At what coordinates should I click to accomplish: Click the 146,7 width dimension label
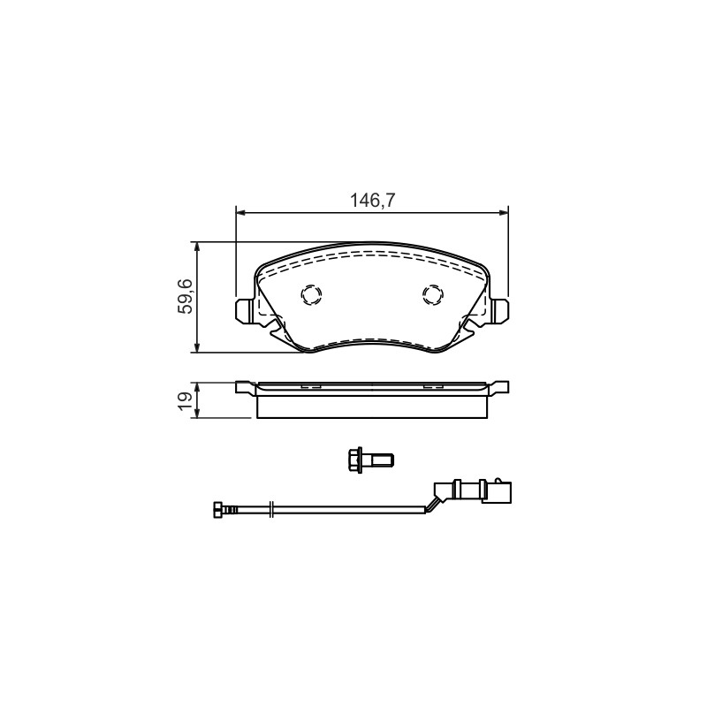pyautogui.click(x=372, y=201)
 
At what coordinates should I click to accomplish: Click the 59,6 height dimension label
pyautogui.click(x=186, y=296)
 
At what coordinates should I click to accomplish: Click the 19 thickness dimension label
pyautogui.click(x=186, y=401)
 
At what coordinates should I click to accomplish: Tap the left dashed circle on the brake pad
pyautogui.click(x=311, y=295)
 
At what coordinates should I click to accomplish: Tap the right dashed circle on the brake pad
pyautogui.click(x=433, y=295)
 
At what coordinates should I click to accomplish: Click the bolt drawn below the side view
pyautogui.click(x=371, y=460)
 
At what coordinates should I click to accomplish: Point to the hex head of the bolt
pyautogui.click(x=356, y=460)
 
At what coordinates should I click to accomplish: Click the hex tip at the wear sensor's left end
pyautogui.click(x=218, y=510)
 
